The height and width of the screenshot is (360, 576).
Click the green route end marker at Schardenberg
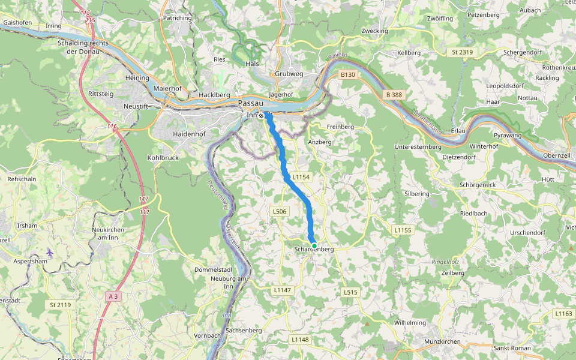314,245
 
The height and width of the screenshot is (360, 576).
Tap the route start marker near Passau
262,116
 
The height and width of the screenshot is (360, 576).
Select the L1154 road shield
301,178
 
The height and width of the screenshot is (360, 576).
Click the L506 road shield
280,211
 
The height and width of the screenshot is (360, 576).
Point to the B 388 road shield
394,95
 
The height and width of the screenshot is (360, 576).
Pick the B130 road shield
348,75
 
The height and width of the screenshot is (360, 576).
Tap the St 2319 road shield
462,52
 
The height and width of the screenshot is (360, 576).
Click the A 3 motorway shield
113,296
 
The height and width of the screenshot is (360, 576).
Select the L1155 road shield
403,230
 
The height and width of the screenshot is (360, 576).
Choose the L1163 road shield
564,313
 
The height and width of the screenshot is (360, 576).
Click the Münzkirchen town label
442,341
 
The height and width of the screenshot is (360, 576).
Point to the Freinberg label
340,127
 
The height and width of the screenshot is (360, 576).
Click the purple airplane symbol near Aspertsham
49,254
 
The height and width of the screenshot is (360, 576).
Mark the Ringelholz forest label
445,262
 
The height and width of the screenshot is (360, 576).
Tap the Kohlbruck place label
163,158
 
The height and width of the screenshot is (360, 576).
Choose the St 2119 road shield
61,305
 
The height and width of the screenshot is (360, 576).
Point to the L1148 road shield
300,340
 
